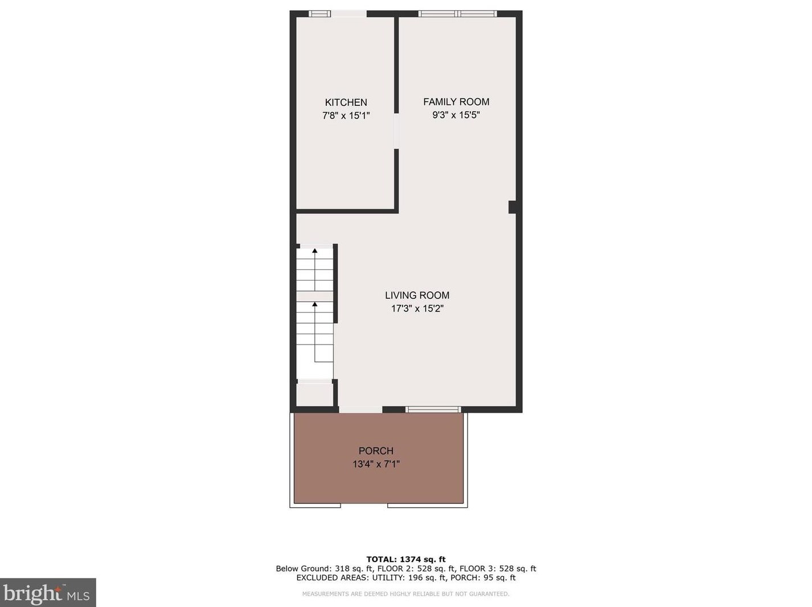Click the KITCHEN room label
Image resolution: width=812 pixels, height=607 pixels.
pyautogui.click(x=346, y=102)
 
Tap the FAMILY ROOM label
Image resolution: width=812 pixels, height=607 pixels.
pyautogui.click(x=456, y=102)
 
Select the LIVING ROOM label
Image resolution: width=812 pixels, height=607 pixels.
pyautogui.click(x=417, y=295)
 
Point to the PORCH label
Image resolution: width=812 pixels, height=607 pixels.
pyautogui.click(x=376, y=451)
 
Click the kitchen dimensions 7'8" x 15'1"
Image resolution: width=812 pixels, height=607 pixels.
pyautogui.click(x=346, y=116)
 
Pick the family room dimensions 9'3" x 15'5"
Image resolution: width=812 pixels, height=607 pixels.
pyautogui.click(x=456, y=115)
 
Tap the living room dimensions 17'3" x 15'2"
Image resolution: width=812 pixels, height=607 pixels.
pyautogui.click(x=417, y=309)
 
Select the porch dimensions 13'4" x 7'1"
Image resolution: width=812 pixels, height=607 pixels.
pyautogui.click(x=376, y=464)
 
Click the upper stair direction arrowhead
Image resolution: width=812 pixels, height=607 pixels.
pyautogui.click(x=315, y=251)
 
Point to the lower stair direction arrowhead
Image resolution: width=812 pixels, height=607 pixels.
pyautogui.click(x=315, y=304)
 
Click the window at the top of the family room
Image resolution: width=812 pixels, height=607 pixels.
pyautogui.click(x=458, y=14)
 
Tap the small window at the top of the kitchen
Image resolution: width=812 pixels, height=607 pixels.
pyautogui.click(x=320, y=14)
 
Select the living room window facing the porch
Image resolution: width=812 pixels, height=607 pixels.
pyautogui.click(x=433, y=409)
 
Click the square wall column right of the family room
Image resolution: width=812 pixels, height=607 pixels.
pyautogui.click(x=512, y=207)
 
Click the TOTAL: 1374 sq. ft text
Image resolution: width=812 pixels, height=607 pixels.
pyautogui.click(x=405, y=559)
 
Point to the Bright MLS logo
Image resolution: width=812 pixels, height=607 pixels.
pyautogui.click(x=47, y=593)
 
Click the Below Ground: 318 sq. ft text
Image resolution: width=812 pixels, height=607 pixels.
pyautogui.click(x=324, y=568)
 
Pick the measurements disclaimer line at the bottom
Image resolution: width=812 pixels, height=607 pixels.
pyautogui.click(x=405, y=594)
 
